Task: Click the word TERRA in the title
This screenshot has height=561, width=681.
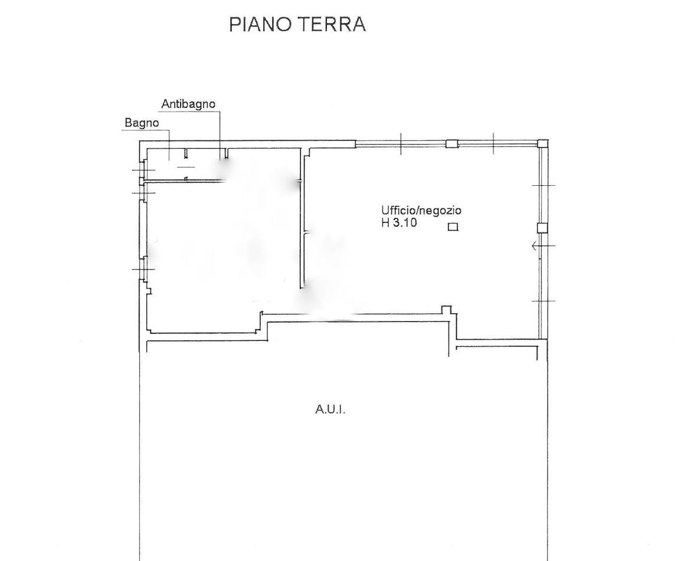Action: click(332, 24)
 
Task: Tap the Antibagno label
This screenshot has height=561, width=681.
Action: click(188, 104)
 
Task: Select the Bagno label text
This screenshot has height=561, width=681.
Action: click(142, 123)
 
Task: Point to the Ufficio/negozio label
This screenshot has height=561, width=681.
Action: click(421, 211)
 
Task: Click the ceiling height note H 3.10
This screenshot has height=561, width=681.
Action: click(399, 223)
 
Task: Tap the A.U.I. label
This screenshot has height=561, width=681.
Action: click(330, 409)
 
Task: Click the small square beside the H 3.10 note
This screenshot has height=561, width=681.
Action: click(453, 227)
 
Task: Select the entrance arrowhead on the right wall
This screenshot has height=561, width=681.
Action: click(535, 246)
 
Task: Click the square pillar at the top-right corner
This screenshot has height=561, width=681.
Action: click(543, 144)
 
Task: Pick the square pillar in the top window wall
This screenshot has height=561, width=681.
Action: click(452, 144)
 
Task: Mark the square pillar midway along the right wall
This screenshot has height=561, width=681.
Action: click(542, 228)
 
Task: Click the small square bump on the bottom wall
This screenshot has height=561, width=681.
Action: click(447, 310)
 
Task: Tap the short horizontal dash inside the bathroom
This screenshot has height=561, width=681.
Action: click(186, 167)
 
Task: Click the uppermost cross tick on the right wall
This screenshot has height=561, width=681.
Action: click(544, 185)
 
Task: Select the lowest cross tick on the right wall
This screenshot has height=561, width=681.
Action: click(544, 301)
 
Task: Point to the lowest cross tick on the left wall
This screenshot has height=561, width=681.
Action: click(143, 269)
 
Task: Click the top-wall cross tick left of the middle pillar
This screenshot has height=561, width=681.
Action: click(401, 143)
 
